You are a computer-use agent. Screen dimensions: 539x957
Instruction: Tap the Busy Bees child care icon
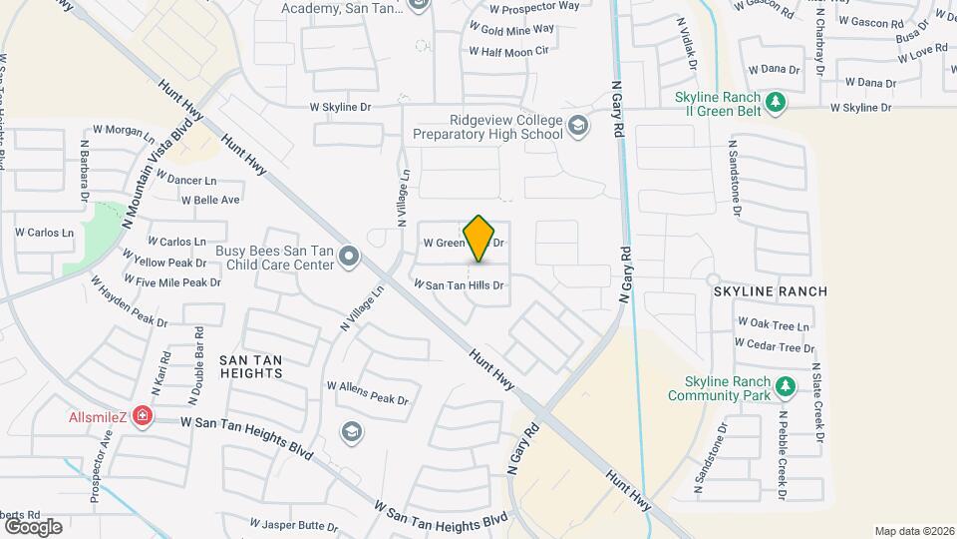point(349,258)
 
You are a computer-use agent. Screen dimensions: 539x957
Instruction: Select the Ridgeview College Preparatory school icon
point(578,127)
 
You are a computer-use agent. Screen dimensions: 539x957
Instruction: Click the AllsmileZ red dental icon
point(143,414)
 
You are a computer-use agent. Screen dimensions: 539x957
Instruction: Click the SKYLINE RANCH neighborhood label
point(770,291)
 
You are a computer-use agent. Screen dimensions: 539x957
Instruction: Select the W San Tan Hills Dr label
point(460,285)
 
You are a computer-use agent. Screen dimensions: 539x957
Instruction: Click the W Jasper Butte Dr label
point(295,523)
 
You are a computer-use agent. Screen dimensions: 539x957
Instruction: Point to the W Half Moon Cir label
point(514,51)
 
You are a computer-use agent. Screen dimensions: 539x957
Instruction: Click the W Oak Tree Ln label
point(773,325)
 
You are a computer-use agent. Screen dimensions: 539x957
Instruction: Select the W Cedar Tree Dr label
point(775,346)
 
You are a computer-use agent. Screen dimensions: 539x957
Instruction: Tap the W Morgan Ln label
point(124,131)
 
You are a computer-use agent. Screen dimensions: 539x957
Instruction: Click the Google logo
point(32,527)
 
